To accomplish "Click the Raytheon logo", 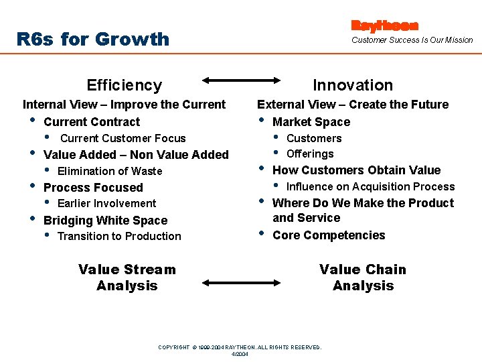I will [x=385, y=25].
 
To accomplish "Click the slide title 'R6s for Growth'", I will [x=93, y=39].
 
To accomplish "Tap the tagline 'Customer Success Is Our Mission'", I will [x=412, y=40].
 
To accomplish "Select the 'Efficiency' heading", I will [x=125, y=85].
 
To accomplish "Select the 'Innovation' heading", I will [x=353, y=85].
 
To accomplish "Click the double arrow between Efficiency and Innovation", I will [x=240, y=80].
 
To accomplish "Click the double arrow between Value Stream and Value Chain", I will [x=240, y=276].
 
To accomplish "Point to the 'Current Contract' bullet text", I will [x=92, y=122].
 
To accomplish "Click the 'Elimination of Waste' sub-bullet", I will [x=110, y=171].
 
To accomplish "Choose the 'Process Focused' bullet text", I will [x=93, y=188].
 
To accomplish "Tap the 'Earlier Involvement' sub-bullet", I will [x=106, y=204].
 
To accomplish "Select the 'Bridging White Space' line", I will [x=105, y=221].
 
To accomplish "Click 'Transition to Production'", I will [x=119, y=237].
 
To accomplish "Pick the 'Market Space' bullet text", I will [x=311, y=122].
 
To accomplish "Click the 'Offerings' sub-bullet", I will [x=310, y=154].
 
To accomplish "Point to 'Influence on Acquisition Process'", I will [x=370, y=187].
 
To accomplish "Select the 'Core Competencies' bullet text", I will [x=329, y=235].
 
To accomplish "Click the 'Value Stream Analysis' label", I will [x=127, y=278].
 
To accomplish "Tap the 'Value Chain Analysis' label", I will [x=363, y=278].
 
